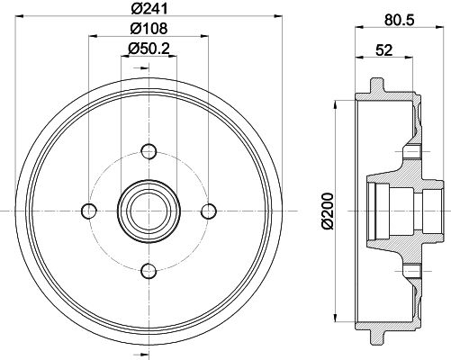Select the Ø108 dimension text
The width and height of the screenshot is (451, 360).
click(x=149, y=29)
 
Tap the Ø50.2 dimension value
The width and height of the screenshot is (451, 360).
click(x=149, y=49)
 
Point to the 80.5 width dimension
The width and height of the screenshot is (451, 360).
click(x=399, y=20)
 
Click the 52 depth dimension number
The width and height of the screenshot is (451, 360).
click(x=384, y=49)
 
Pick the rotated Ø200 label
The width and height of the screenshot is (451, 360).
click(x=328, y=211)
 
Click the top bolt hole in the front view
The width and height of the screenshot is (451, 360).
click(x=149, y=151)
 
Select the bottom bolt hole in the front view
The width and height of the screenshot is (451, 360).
click(x=149, y=271)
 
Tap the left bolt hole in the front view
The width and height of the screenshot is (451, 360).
click(x=89, y=211)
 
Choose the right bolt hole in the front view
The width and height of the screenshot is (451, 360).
click(x=209, y=211)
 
